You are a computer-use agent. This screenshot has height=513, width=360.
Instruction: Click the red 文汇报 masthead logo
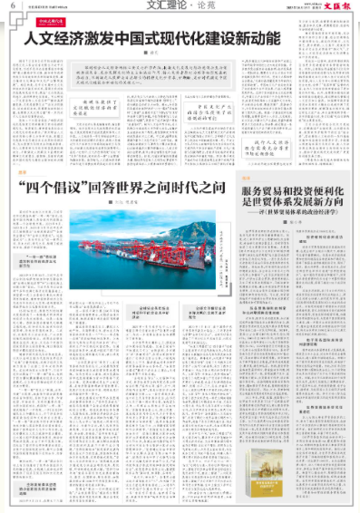336,6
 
